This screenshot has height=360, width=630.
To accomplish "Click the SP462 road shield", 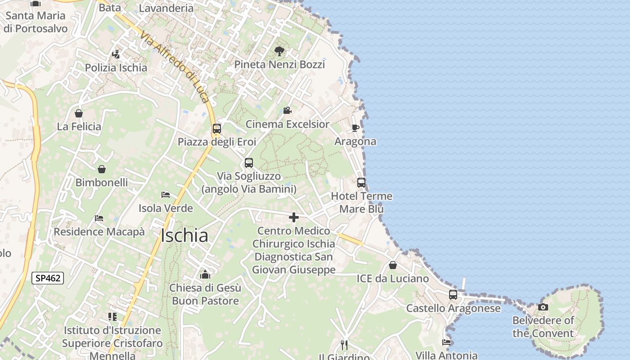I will pyautogui.click(x=48, y=278).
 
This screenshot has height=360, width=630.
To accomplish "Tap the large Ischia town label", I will pyautogui.click(x=184, y=236).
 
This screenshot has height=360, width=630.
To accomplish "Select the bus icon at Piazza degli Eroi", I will pyautogui.click(x=217, y=129).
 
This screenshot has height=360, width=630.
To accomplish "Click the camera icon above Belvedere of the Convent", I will pyautogui.click(x=543, y=307).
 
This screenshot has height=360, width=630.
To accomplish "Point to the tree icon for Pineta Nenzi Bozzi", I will pyautogui.click(x=279, y=51).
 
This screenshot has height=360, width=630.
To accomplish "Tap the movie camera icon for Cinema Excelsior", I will pyautogui.click(x=287, y=110).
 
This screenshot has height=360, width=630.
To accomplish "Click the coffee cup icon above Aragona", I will pyautogui.click(x=355, y=128).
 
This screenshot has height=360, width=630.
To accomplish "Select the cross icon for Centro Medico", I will pyautogui.click(x=294, y=218).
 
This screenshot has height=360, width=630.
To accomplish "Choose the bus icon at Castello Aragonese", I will pyautogui.click(x=453, y=295).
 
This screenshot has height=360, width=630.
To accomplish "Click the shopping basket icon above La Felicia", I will pyautogui.click(x=79, y=113).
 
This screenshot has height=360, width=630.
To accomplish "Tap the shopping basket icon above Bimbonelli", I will pyautogui.click(x=102, y=169).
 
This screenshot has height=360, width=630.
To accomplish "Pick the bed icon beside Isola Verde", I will pyautogui.click(x=166, y=195).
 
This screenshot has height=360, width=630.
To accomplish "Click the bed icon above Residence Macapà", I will pyautogui.click(x=99, y=218).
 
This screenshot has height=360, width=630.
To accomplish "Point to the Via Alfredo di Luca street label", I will pyautogui.click(x=175, y=67).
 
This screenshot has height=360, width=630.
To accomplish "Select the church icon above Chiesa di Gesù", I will pyautogui.click(x=205, y=274).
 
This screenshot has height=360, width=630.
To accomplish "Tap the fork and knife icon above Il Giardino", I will pyautogui.click(x=344, y=345).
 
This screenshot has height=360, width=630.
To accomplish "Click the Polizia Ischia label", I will pyautogui.click(x=116, y=67).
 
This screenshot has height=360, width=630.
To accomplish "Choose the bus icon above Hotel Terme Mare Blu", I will pyautogui.click(x=361, y=183).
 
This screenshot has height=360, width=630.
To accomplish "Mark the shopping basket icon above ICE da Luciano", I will pyautogui.click(x=393, y=265).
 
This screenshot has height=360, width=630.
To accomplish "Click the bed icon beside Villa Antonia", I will pyautogui.click(x=446, y=342).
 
